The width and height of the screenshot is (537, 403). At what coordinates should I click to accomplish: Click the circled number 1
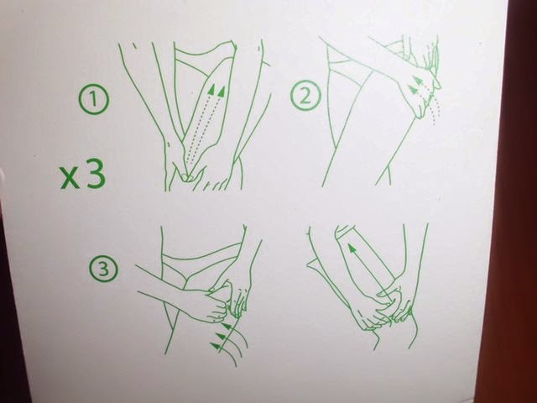[95, 99]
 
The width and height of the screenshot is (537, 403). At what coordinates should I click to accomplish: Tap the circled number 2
[305, 95]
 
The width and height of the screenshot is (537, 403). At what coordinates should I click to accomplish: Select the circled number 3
[104, 269]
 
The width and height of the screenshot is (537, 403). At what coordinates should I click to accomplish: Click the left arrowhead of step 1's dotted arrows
[212, 89]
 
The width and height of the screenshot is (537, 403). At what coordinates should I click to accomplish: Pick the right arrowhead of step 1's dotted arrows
[222, 92]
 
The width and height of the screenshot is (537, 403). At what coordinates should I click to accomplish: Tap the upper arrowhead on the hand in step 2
[417, 81]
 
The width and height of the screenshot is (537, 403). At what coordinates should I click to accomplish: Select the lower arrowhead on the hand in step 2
[413, 90]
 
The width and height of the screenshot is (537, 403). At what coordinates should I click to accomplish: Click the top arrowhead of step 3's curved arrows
[227, 326]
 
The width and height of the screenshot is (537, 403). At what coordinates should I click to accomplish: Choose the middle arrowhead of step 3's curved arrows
[221, 336]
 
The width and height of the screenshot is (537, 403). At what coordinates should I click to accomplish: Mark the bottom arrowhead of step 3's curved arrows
[216, 346]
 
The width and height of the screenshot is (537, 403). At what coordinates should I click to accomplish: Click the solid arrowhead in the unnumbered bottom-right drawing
[352, 248]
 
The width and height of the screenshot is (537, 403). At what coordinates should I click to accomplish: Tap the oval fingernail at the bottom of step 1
[185, 177]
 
